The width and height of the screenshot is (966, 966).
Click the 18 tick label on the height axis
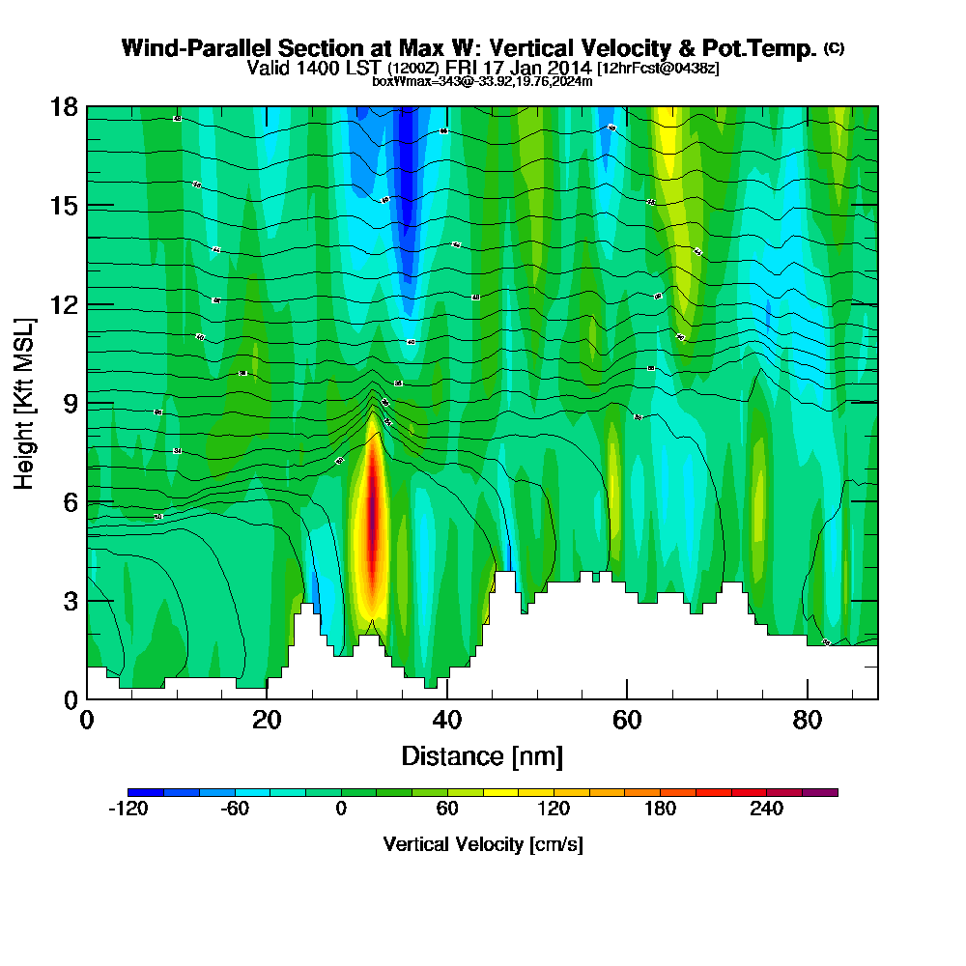63,106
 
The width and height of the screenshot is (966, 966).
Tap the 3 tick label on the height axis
70,601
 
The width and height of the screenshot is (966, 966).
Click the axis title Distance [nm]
482,755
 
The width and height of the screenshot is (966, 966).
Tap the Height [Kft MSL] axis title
25,402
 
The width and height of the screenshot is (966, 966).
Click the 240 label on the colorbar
766,810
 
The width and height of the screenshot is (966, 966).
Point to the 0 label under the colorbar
340,810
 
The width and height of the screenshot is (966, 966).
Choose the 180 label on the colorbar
660,810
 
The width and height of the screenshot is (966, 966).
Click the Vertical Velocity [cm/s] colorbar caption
482,844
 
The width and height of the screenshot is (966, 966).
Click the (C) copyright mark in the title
835,48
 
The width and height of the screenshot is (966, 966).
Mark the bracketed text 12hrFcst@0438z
658,69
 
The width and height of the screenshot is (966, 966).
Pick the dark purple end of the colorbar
828,792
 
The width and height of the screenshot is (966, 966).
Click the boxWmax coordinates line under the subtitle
482,81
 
